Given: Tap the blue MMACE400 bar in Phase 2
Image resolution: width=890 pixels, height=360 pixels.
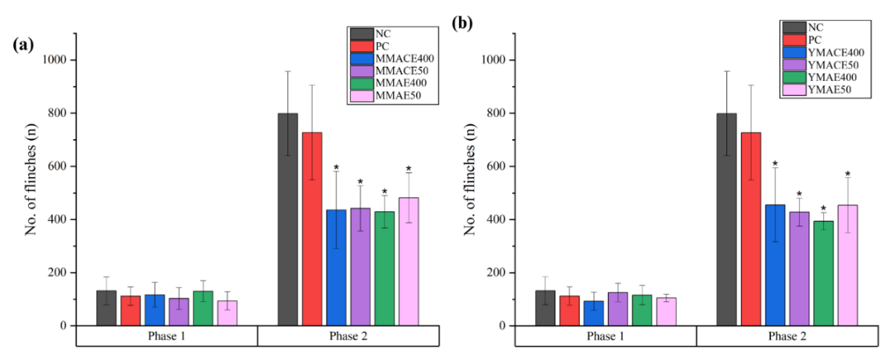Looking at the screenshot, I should pos(336,267).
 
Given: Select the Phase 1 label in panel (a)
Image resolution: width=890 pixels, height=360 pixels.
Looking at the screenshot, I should pos(167,336).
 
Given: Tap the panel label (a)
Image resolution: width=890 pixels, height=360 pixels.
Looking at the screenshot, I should pos(23,45).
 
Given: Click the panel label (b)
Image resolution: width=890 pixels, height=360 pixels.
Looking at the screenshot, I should pos(463,23).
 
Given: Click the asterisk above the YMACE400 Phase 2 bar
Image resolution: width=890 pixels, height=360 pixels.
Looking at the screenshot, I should pos(775,164).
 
